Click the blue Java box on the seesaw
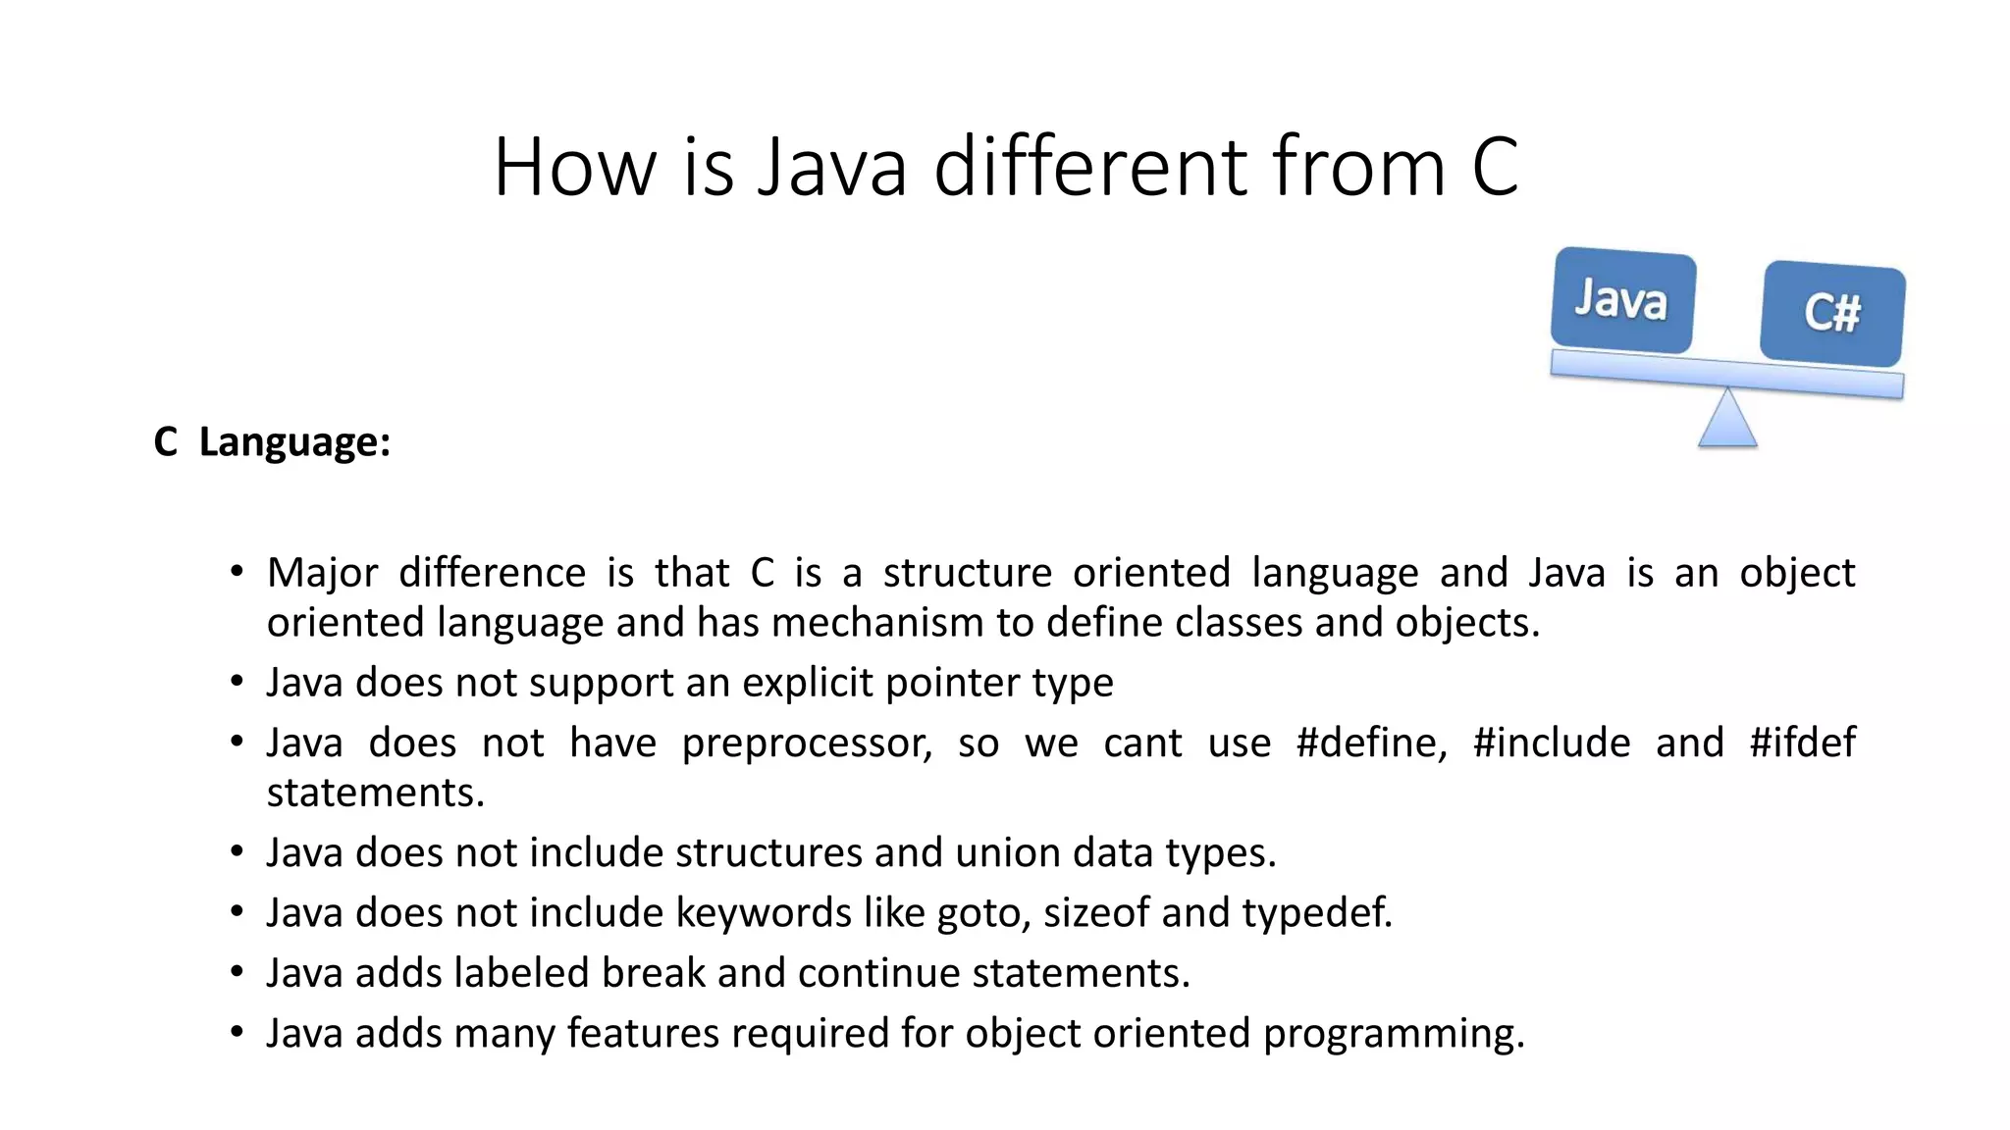tap(1622, 300)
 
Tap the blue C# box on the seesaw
tap(1832, 313)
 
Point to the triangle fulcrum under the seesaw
tap(1727, 420)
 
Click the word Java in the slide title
tap(832, 167)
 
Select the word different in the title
tap(1090, 167)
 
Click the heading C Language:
tap(272, 441)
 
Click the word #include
tap(1552, 743)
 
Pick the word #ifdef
tap(1802, 743)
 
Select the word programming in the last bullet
tap(1394, 1034)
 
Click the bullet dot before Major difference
tap(237, 572)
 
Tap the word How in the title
tap(574, 167)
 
